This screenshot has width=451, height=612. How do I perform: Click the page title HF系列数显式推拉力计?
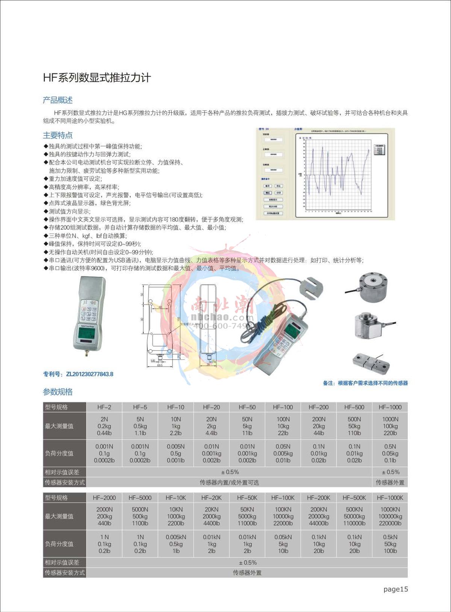point(97,78)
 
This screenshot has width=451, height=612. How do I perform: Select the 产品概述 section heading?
point(58,100)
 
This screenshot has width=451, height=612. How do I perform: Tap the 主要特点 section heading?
point(58,135)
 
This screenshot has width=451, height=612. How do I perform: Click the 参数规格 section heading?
point(58,392)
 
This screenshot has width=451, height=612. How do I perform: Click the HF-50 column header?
point(247,407)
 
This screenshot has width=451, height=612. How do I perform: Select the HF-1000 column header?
point(390,407)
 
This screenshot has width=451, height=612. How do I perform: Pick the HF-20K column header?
point(211,498)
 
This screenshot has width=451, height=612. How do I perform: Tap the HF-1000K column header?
point(390,498)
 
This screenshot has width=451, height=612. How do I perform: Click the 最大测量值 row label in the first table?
point(59,426)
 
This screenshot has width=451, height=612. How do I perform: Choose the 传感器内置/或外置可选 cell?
point(229,482)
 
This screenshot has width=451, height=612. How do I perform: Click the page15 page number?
point(395,589)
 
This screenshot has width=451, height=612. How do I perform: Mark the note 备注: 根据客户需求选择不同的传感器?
point(365,383)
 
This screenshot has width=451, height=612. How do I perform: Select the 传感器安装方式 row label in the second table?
point(65,573)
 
